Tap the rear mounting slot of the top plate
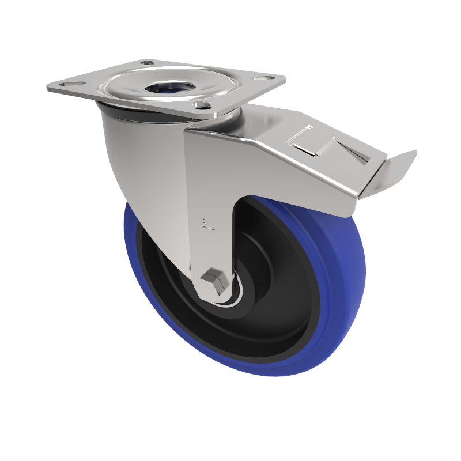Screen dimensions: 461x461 pyautogui.click(x=148, y=62)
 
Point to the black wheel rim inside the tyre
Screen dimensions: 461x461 pyautogui.click(x=277, y=323)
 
